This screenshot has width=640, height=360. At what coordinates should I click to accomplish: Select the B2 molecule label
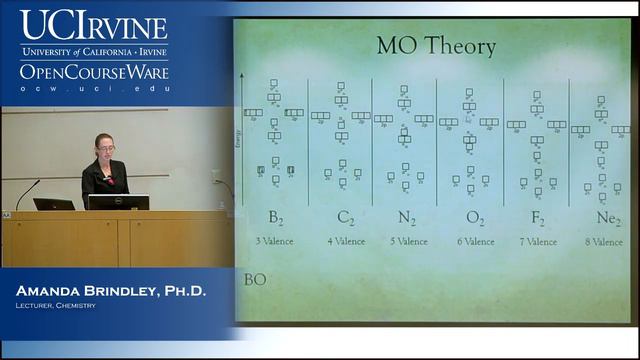click(x=275, y=219)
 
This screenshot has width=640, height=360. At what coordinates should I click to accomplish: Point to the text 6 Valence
click(x=473, y=241)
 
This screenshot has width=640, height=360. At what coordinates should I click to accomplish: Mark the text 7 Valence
click(x=538, y=241)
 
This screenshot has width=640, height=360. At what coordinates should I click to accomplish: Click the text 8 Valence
click(x=603, y=241)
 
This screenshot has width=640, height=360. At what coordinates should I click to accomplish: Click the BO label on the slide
click(x=255, y=279)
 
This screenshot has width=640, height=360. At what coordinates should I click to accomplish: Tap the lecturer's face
click(x=103, y=148)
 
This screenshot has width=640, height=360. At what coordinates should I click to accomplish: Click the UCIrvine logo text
click(x=94, y=25)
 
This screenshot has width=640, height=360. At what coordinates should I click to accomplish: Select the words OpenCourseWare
click(x=94, y=72)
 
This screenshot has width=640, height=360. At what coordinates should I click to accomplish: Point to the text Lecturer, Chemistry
click(x=55, y=305)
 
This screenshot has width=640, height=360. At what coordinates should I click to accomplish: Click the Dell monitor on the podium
click(x=118, y=202)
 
